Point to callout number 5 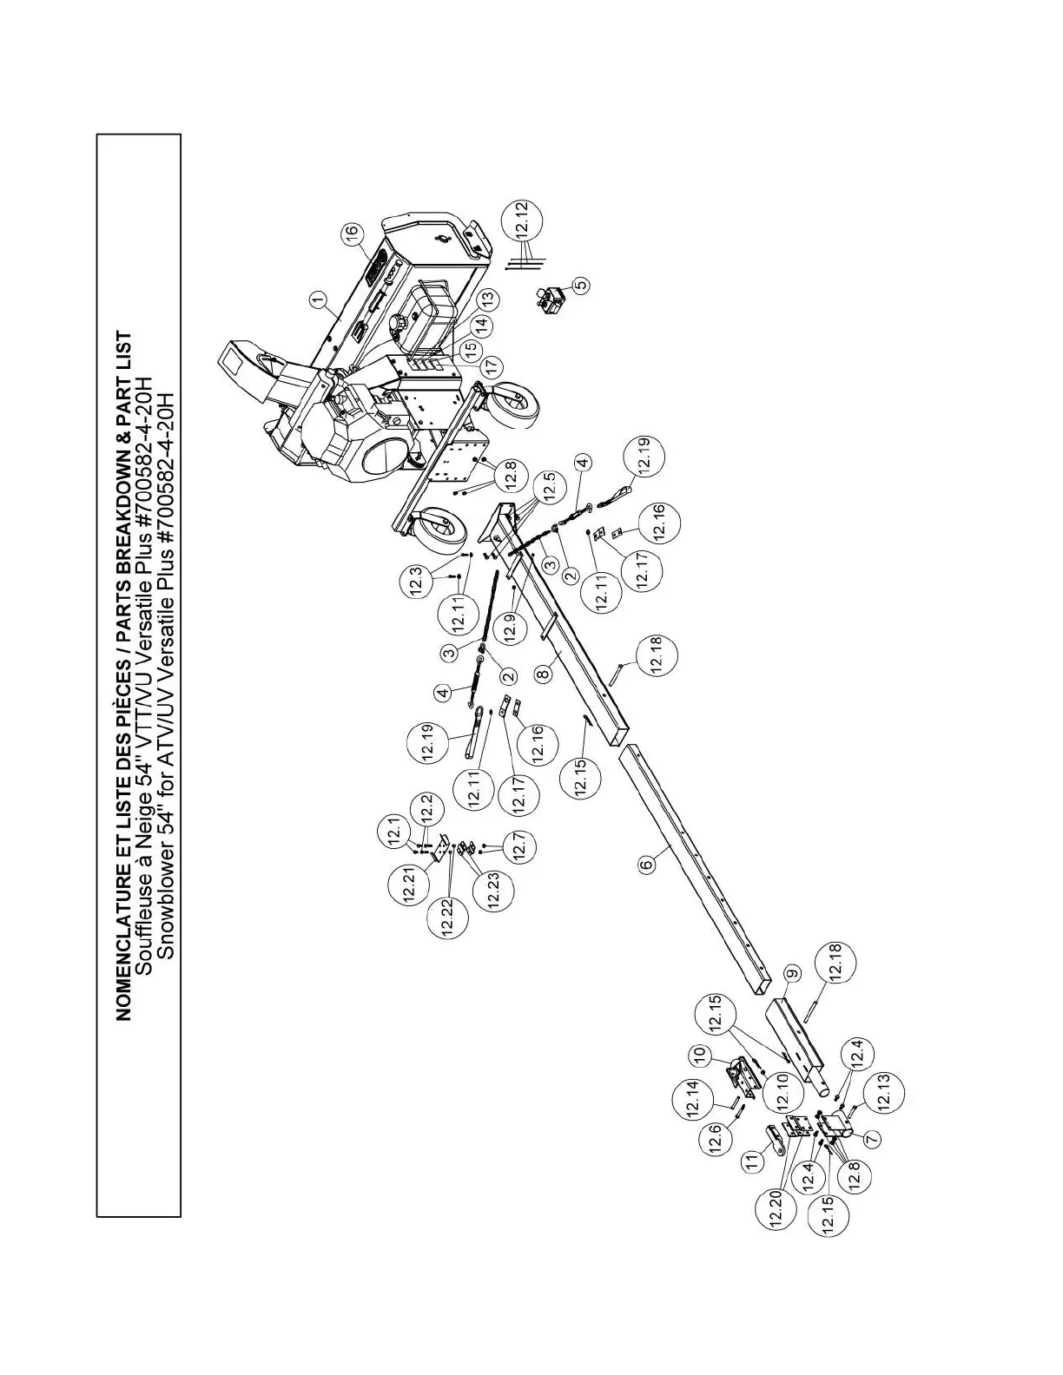(581, 284)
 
